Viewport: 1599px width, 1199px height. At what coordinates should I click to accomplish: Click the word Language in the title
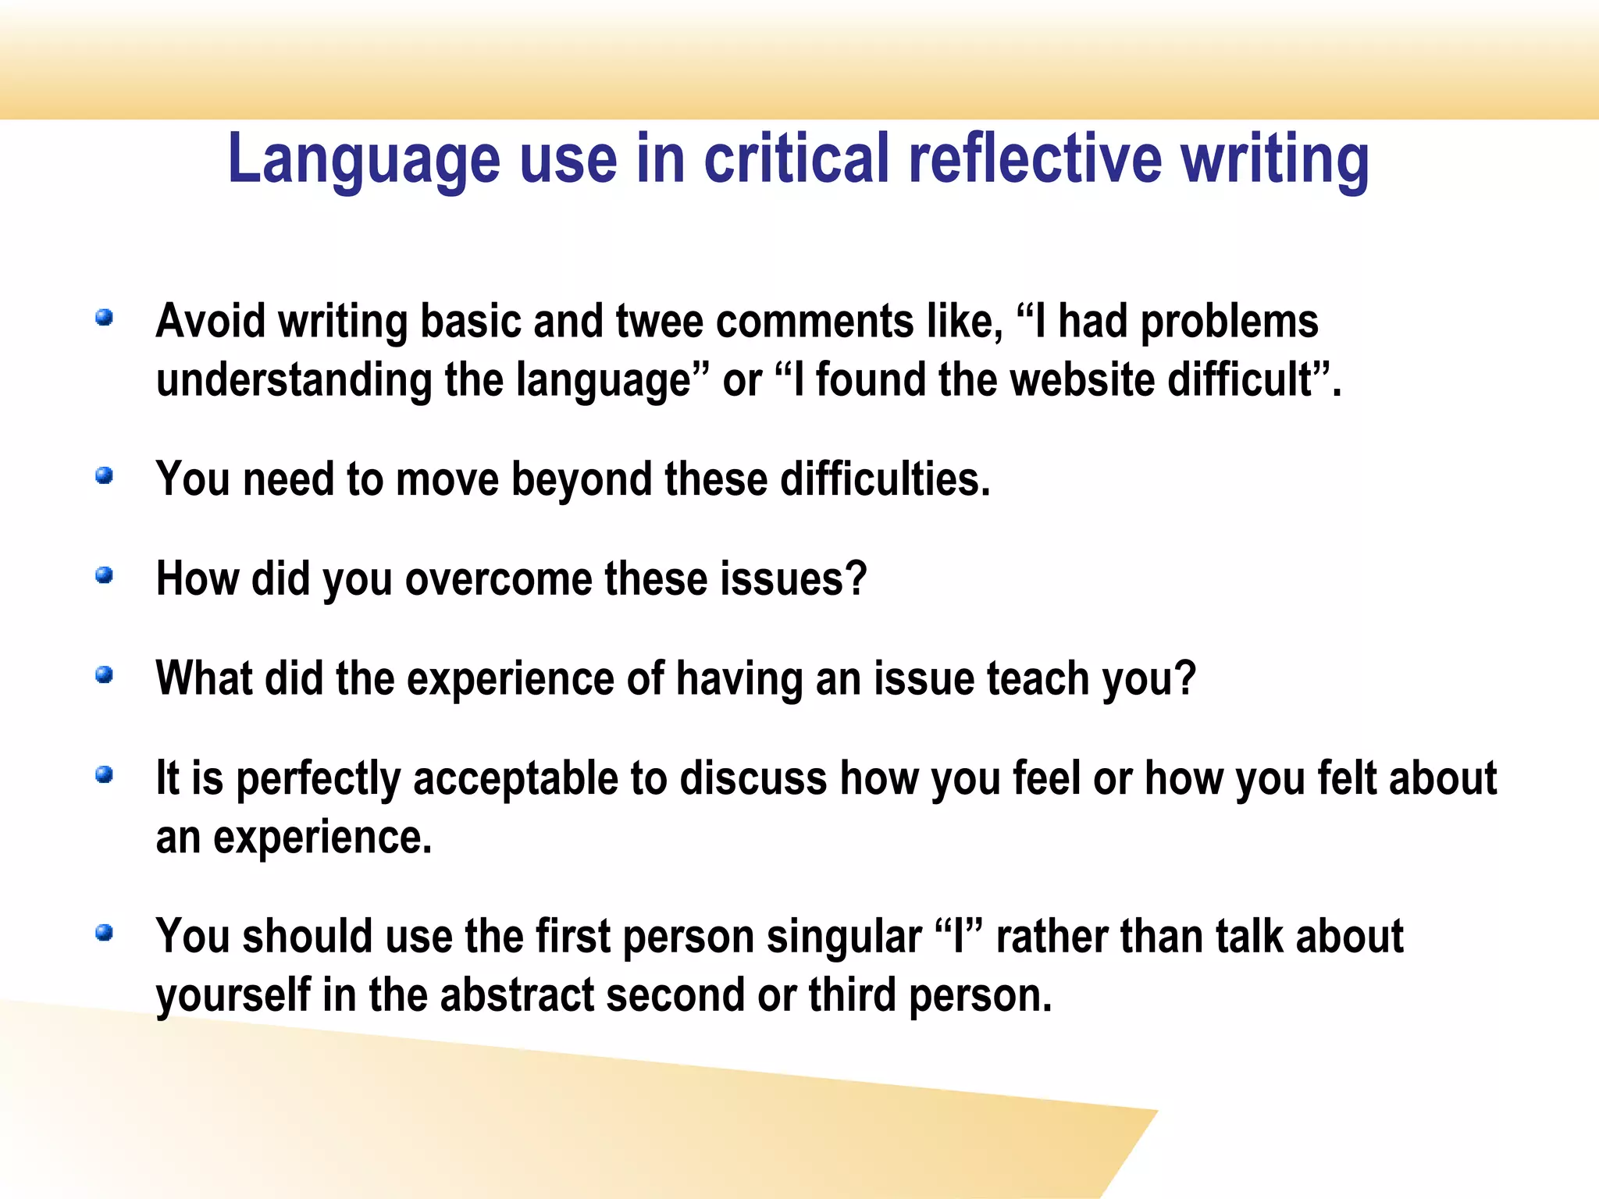point(363,160)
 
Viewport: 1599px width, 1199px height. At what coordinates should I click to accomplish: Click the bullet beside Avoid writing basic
point(105,318)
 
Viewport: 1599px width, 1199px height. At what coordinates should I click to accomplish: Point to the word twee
point(659,322)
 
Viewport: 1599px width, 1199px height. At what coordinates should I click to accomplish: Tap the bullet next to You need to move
point(105,475)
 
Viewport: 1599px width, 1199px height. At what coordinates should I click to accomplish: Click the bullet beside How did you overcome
point(105,575)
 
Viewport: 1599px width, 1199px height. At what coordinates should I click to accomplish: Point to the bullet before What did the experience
point(105,674)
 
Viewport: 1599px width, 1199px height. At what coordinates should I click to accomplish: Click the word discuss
point(753,779)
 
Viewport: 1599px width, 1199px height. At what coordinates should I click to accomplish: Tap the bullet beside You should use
point(105,933)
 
